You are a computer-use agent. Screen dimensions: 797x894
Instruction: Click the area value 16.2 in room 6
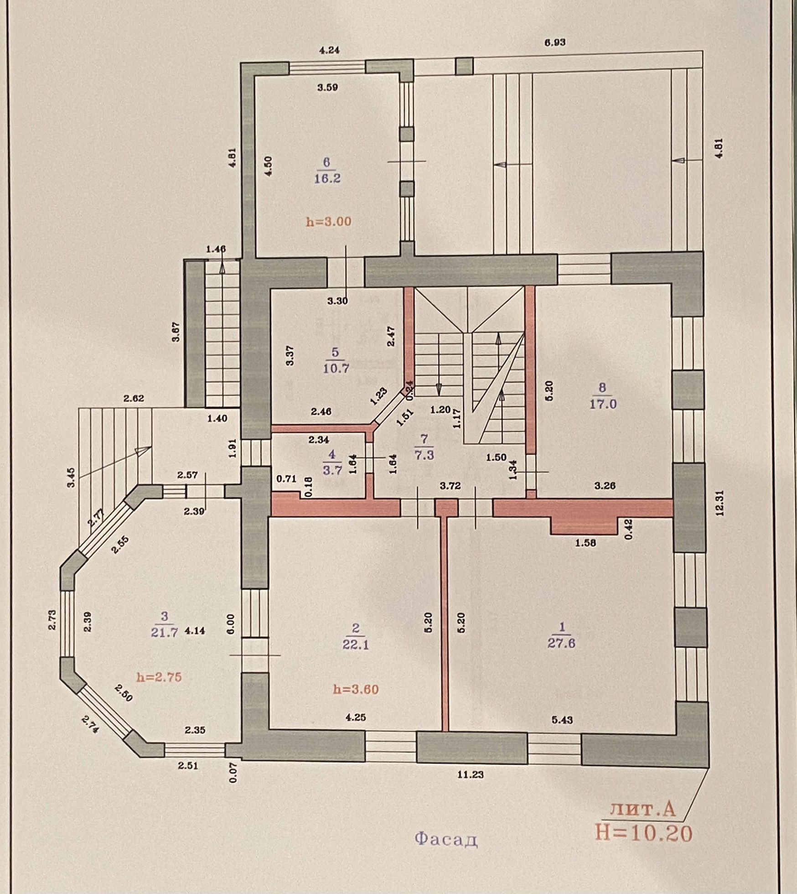pyautogui.click(x=327, y=178)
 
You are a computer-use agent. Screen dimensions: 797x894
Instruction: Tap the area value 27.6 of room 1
pyautogui.click(x=562, y=643)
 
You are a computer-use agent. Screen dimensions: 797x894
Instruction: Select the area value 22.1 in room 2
pyautogui.click(x=355, y=645)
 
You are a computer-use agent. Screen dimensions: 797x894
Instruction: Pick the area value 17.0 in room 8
pyautogui.click(x=603, y=404)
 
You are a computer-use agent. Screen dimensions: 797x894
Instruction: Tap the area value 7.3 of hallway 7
pyautogui.click(x=424, y=455)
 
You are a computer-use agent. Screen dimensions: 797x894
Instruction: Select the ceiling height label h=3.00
pyautogui.click(x=328, y=222)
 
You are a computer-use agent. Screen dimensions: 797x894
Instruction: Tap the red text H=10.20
pyautogui.click(x=643, y=833)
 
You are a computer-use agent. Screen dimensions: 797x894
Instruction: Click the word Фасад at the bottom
pyautogui.click(x=446, y=838)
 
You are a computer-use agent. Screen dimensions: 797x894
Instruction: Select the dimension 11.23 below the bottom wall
pyautogui.click(x=471, y=774)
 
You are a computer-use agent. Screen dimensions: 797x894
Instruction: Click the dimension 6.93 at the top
pyautogui.click(x=554, y=42)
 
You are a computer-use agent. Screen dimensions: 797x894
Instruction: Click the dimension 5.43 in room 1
pyautogui.click(x=562, y=720)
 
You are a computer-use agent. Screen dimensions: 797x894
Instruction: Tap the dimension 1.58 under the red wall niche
pyautogui.click(x=585, y=543)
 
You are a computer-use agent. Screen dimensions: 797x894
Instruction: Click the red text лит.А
pyautogui.click(x=642, y=809)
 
